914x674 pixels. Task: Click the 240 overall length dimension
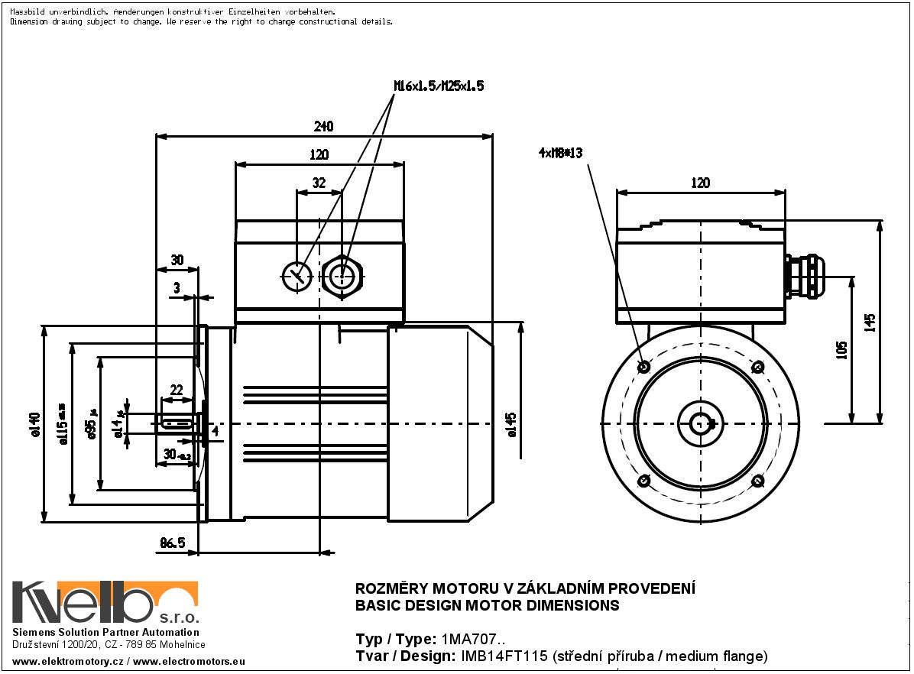323,126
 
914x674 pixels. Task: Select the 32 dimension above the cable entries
319,183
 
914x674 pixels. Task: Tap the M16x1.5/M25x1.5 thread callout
439,86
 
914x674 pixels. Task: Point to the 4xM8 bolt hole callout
560,153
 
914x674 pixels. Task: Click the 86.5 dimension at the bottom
172,543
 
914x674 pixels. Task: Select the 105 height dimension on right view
841,349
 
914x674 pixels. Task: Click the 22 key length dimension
177,390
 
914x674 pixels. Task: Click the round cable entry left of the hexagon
297,276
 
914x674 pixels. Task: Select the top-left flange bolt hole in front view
643,367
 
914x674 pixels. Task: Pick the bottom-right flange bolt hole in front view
757,481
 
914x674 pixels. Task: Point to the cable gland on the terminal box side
802,276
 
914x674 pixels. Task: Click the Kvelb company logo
105,603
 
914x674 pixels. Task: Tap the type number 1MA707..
472,639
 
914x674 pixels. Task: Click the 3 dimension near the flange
177,287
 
